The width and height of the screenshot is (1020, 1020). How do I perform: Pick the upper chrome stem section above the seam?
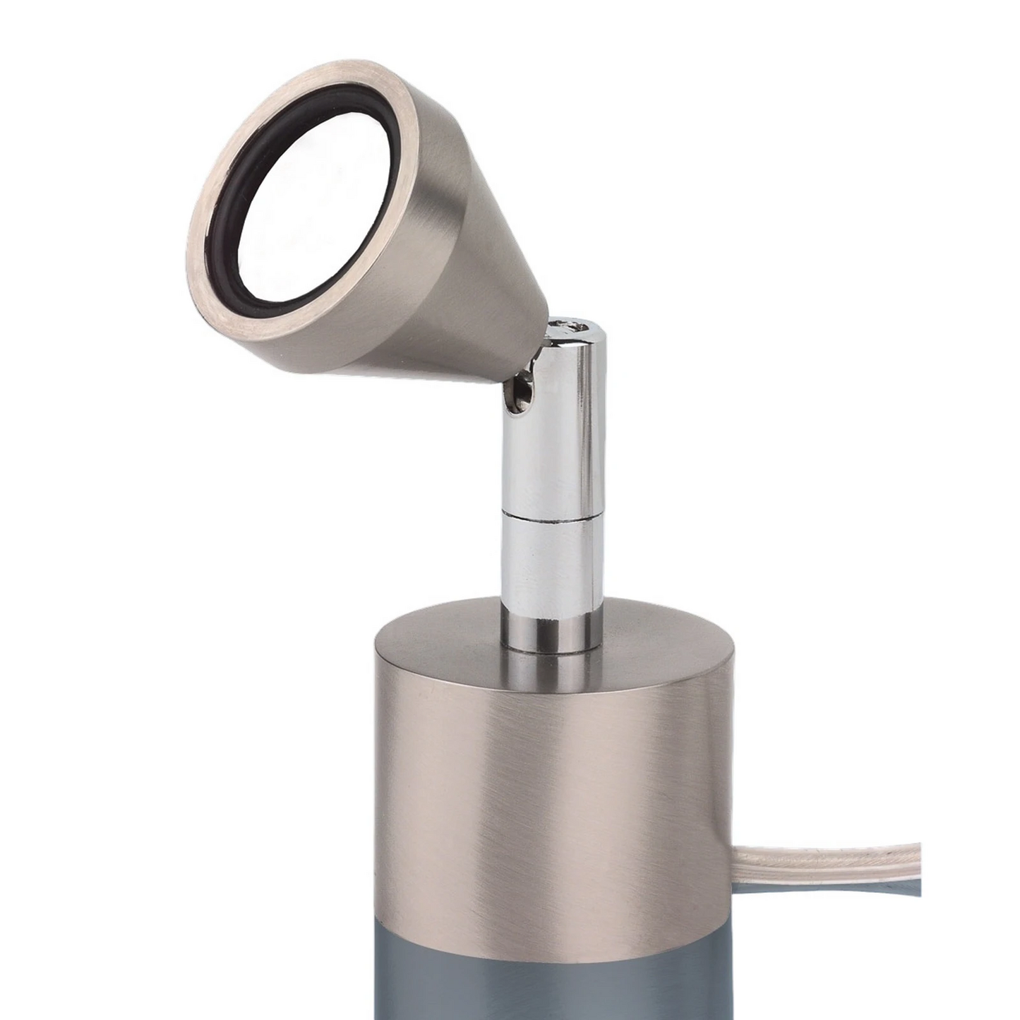(547, 438)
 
